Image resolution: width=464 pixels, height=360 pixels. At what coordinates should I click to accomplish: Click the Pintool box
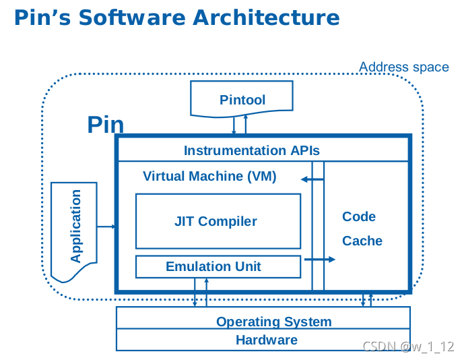242,99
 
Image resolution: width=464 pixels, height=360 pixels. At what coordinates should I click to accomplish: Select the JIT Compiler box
218,221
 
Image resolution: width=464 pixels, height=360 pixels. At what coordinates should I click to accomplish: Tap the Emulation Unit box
218,267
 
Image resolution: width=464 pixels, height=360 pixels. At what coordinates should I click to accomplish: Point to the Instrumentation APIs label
252,150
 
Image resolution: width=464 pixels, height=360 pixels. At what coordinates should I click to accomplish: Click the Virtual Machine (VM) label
209,177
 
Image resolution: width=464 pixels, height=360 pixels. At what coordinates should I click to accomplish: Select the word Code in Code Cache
359,216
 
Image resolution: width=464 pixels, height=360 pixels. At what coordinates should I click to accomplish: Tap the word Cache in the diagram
362,241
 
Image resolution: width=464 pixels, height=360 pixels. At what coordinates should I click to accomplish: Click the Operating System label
273,322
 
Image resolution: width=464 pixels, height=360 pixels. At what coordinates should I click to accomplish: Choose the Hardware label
267,340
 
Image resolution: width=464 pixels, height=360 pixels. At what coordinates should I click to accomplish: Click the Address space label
404,67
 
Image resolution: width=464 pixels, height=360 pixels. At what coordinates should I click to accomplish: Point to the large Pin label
105,125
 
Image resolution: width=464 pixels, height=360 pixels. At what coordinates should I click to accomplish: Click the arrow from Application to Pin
106,227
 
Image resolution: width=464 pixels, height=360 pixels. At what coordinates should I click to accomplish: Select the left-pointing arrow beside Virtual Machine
312,179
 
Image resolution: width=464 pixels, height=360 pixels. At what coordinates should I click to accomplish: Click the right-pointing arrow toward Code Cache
320,260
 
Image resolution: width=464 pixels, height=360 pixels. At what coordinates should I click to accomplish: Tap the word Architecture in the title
266,18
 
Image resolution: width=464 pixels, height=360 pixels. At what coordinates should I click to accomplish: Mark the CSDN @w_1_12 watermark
408,346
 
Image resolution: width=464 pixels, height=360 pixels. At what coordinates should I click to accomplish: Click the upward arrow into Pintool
246,125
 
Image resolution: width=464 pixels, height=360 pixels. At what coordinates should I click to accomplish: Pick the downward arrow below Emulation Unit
195,292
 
